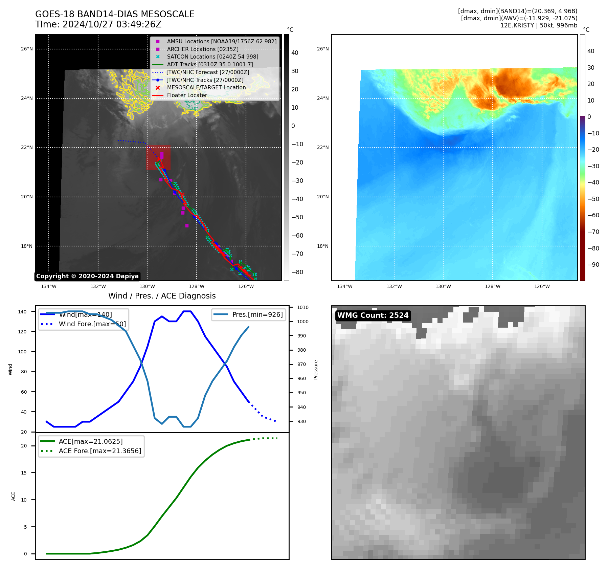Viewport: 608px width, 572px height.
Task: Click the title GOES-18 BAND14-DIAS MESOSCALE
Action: point(115,14)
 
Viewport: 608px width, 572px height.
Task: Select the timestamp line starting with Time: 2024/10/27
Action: point(98,25)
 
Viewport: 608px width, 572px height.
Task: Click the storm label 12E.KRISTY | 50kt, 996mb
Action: point(539,25)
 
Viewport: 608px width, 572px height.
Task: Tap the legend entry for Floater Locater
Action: point(187,95)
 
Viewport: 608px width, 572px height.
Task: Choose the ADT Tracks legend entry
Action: point(210,64)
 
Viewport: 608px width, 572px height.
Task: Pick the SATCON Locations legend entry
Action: point(212,57)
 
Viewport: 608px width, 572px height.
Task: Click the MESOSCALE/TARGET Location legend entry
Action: point(206,87)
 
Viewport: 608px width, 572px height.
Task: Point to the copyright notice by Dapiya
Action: point(87,276)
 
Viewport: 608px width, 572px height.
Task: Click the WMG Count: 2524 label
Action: point(373,315)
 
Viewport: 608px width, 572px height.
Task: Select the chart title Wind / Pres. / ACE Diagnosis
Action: point(162,296)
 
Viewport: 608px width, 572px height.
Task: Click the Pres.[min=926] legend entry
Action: point(257,314)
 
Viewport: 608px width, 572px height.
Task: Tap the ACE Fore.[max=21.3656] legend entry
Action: point(100,451)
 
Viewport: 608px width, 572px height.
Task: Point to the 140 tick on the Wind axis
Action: point(22,312)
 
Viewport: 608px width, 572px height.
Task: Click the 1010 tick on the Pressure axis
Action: point(302,307)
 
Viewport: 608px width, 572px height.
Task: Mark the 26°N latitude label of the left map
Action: point(27,49)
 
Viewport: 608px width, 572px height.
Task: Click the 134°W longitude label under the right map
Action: point(344,287)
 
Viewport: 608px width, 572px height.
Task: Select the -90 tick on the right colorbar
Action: point(593,265)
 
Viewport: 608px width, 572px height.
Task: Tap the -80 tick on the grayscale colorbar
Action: point(297,272)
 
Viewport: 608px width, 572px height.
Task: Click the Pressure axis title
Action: point(316,370)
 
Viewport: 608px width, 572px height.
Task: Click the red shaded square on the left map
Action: point(158,158)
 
